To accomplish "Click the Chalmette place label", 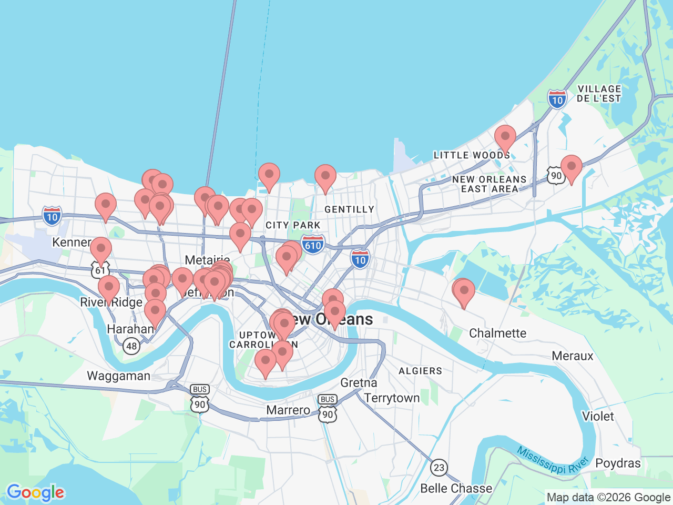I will (497, 333).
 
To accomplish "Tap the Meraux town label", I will (572, 356).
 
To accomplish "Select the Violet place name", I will (598, 417).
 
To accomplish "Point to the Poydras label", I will (618, 463).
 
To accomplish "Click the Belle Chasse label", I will (456, 489).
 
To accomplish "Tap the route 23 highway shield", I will (439, 467).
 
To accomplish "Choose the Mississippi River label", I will (552, 460).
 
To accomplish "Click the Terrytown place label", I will (392, 398).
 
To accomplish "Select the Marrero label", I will (288, 410).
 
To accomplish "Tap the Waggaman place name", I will (118, 376).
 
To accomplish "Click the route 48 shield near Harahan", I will (131, 346).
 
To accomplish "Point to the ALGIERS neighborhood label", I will (420, 371).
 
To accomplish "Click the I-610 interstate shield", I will (313, 245).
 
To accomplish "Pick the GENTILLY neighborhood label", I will (349, 209).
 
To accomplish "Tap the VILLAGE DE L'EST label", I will (599, 94).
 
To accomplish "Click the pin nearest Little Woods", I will (505, 138).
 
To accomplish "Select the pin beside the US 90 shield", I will (571, 168).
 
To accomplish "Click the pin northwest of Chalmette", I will (464, 292).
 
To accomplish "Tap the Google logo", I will (35, 493).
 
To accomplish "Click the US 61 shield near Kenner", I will (100, 270).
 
